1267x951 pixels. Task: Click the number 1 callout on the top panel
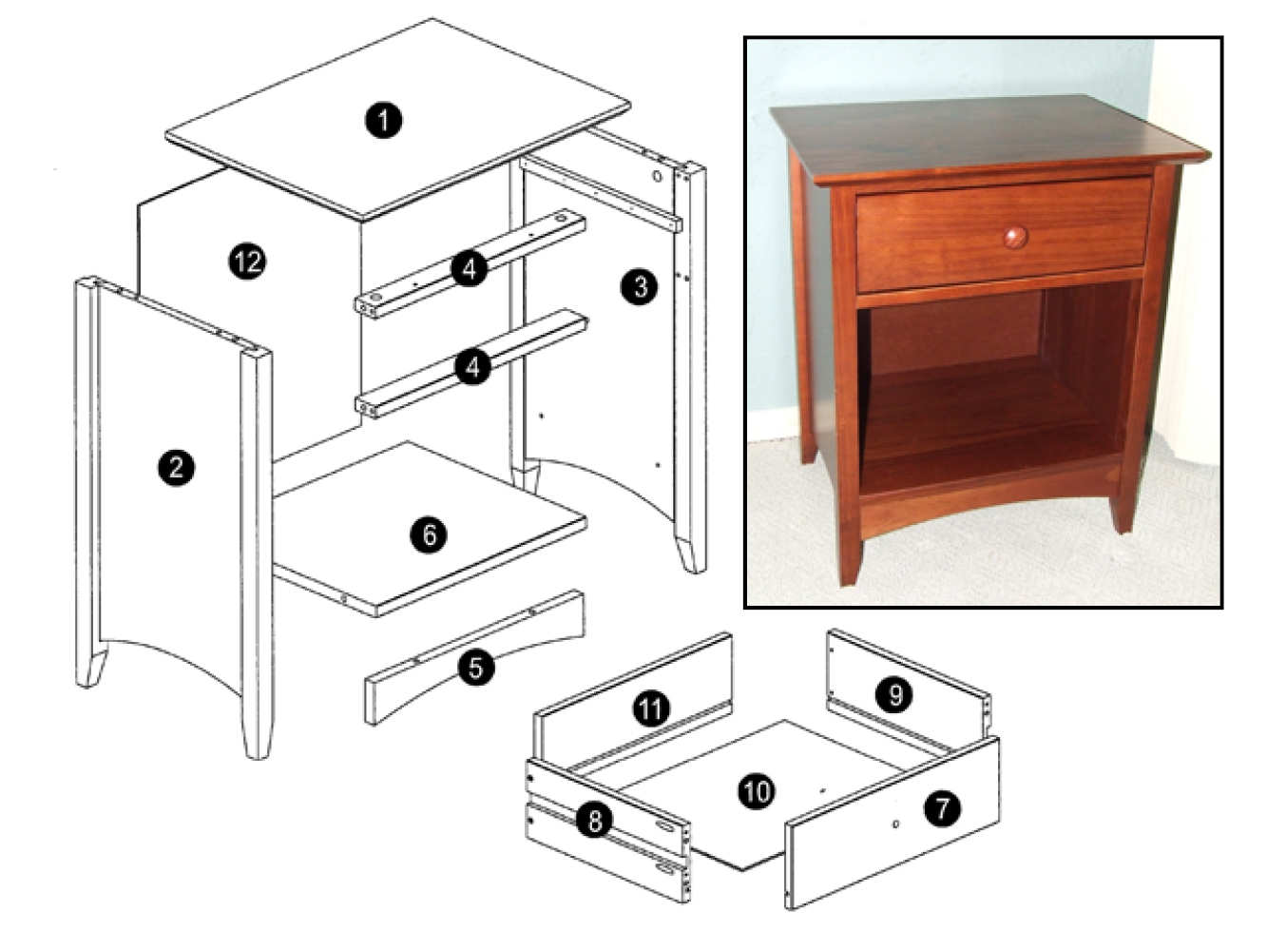pos(383,120)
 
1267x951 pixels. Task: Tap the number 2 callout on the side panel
pos(176,467)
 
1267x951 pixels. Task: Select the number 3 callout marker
pos(639,286)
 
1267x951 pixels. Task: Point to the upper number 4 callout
pos(470,268)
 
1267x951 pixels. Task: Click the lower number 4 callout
pos(472,367)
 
